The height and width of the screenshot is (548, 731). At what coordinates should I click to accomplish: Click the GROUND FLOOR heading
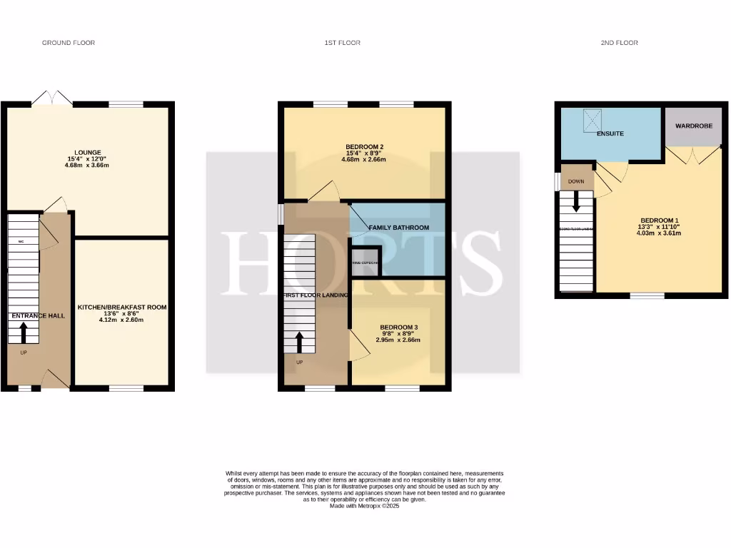(69, 43)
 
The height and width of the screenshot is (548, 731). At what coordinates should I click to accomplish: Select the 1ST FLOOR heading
(342, 43)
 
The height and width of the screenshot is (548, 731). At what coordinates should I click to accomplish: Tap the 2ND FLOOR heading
(619, 43)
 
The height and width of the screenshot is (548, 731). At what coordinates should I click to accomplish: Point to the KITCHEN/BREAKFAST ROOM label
(121, 308)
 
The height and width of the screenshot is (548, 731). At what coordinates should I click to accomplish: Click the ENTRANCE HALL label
(38, 315)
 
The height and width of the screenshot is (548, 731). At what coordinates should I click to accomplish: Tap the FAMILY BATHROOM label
(398, 228)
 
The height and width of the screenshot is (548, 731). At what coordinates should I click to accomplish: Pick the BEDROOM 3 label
(399, 327)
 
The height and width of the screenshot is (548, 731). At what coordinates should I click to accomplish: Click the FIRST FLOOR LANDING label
(315, 295)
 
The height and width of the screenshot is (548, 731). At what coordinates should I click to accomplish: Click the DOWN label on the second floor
(576, 182)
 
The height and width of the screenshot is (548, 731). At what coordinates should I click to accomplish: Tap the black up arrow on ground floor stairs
(24, 331)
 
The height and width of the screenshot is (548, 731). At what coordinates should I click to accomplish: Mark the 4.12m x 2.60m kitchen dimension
(121, 320)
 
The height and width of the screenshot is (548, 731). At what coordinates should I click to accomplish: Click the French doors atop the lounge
(51, 99)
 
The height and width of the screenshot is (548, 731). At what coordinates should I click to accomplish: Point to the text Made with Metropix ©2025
(365, 507)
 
